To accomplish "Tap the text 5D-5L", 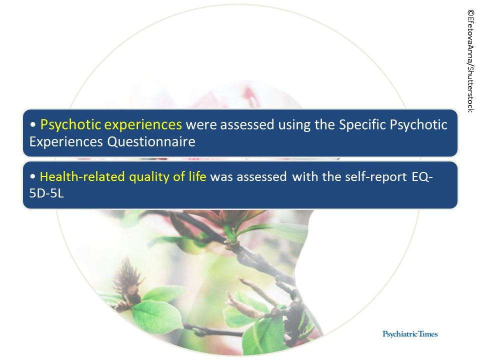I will pyautogui.click(x=47, y=193).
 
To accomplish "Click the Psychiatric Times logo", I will pyautogui.click(x=410, y=333).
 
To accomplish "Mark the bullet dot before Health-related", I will pyautogui.click(x=32, y=177).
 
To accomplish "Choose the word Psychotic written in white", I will pyautogui.click(x=419, y=124).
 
